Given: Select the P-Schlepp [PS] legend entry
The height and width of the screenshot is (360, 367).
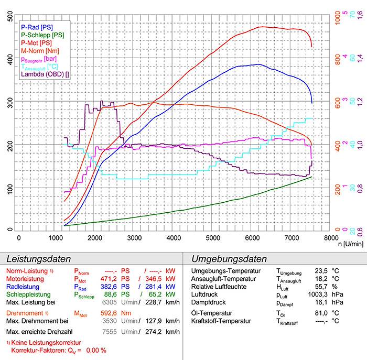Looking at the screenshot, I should click(42, 35).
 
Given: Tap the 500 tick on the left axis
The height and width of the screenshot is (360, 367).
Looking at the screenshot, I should click(10, 17).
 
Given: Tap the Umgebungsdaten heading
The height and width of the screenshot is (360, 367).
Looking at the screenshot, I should click(230, 259).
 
